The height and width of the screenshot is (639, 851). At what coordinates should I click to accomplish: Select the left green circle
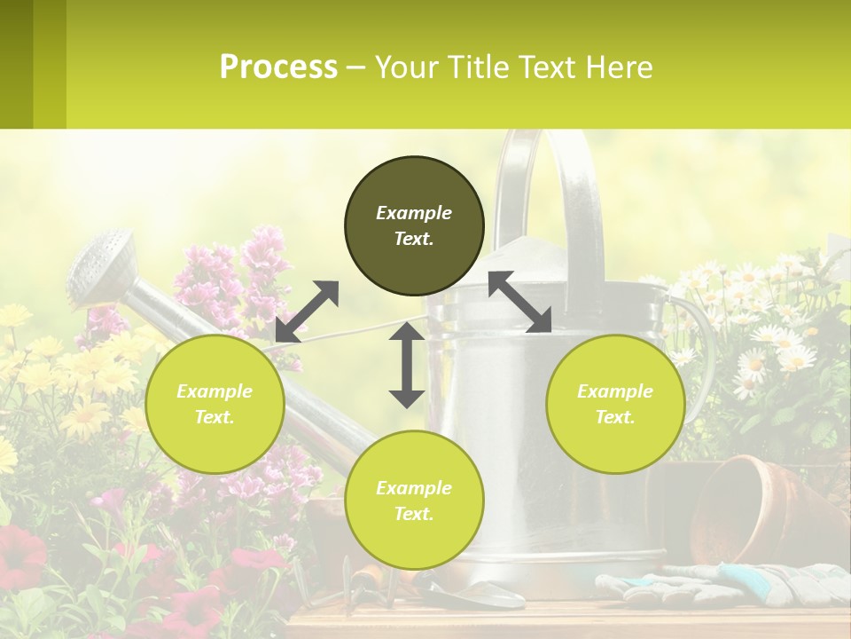point(215,404)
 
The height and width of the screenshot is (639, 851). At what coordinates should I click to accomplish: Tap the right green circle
point(615,404)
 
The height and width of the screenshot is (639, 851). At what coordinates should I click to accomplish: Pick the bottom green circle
point(414,501)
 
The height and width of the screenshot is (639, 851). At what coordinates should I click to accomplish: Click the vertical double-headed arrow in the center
point(407,365)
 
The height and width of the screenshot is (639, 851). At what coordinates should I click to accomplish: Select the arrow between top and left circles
point(307,311)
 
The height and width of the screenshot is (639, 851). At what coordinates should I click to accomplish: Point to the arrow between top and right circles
point(519,302)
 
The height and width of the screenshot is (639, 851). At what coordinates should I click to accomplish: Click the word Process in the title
point(278,67)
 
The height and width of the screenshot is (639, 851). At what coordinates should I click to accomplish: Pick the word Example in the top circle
point(414,213)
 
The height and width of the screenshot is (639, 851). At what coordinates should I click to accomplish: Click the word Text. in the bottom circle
point(414,514)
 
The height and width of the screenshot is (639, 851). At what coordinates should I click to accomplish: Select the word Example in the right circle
point(615,391)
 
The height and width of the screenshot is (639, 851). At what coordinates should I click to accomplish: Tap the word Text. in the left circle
point(215,417)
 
